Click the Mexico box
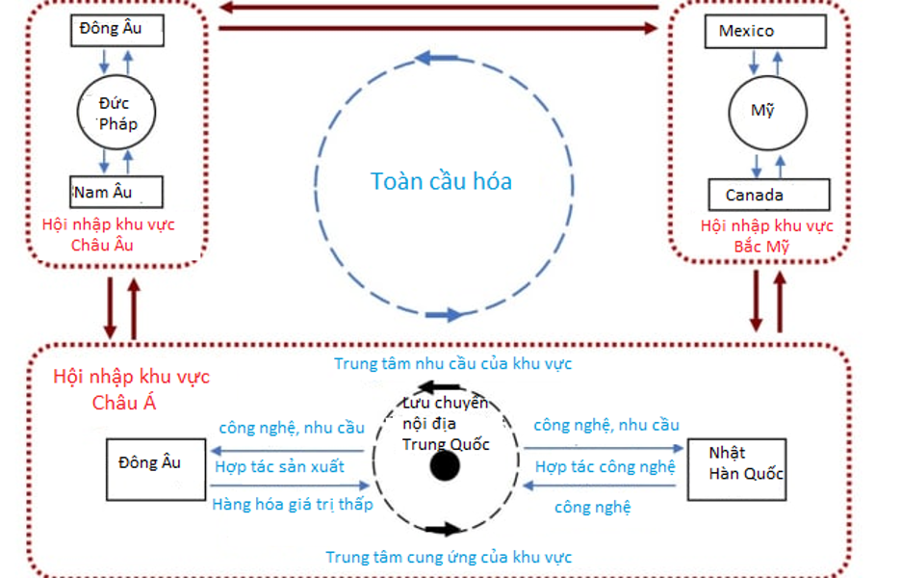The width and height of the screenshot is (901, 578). click(x=771, y=32)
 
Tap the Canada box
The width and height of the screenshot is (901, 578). click(x=768, y=195)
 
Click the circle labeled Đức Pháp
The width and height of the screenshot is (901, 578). click(x=116, y=113)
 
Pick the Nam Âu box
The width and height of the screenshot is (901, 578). click(x=116, y=192)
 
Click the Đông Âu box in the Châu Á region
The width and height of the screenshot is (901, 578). click(x=154, y=469)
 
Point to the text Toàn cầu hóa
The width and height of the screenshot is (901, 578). click(x=442, y=181)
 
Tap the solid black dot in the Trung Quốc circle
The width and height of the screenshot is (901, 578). click(x=444, y=467)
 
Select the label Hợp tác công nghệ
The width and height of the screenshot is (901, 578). click(x=605, y=466)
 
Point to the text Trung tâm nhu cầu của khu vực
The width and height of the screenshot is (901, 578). click(x=452, y=363)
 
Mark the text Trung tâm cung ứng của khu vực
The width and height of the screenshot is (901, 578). click(x=449, y=557)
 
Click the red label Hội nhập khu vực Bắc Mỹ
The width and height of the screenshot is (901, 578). click(x=767, y=236)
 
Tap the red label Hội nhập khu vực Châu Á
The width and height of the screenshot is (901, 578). click(x=131, y=389)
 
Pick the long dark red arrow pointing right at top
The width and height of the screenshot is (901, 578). click(x=439, y=29)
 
